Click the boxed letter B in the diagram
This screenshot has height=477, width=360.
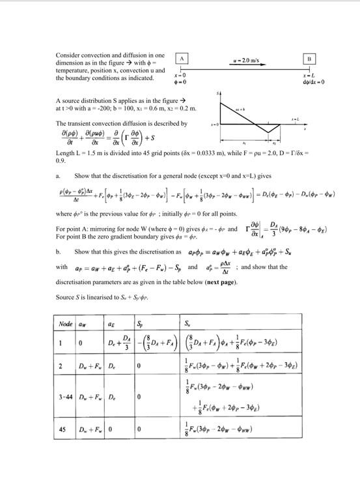point(309,58)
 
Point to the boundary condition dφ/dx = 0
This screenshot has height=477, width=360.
point(309,83)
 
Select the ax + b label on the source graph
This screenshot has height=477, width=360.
point(240,109)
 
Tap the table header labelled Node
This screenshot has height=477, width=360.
point(66,323)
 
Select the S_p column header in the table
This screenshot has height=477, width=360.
point(140,323)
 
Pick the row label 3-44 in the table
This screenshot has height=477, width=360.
point(66,397)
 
